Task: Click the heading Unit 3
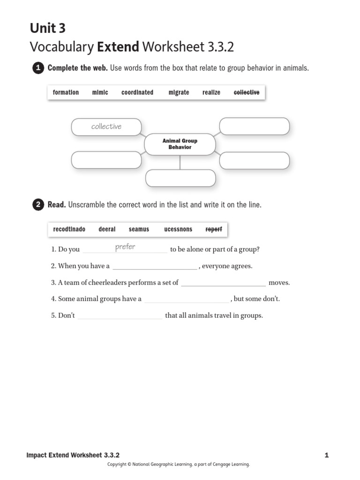coord(48,29)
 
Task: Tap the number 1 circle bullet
coord(37,68)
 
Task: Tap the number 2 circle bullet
coord(37,205)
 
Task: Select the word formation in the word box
coord(66,92)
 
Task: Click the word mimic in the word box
coord(100,92)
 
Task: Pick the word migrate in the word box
coord(179,92)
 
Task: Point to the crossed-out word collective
coord(246,92)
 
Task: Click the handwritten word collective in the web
coord(106,127)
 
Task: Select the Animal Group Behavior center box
coord(180,144)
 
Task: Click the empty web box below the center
coord(180,178)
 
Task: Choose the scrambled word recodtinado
coord(69,229)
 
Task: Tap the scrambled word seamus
coord(139,229)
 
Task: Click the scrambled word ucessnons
coord(178,229)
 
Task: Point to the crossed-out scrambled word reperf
coord(214,229)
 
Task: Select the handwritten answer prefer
coord(125,247)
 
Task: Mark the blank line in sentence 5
coord(120,316)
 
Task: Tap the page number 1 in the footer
coord(326,455)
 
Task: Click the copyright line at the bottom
coord(179,465)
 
